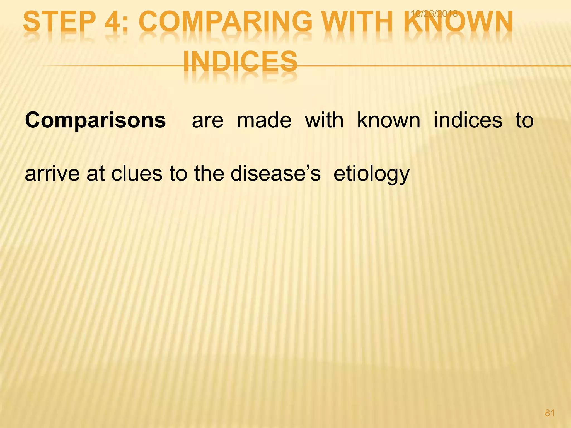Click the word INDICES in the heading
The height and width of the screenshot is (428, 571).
(240, 61)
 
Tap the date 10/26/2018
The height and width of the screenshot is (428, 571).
(434, 13)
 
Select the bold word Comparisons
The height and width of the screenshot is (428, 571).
(95, 121)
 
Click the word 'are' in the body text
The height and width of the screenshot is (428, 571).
(208, 121)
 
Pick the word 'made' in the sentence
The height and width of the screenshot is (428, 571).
(264, 120)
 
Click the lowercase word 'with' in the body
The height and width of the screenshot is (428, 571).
(324, 120)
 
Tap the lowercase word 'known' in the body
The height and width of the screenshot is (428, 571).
(389, 120)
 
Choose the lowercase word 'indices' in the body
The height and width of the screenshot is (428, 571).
(468, 120)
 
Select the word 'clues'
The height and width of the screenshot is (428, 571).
(137, 174)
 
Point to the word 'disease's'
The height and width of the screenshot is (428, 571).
(275, 174)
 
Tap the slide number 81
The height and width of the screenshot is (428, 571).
(550, 413)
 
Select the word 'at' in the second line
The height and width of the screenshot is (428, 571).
(96, 174)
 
